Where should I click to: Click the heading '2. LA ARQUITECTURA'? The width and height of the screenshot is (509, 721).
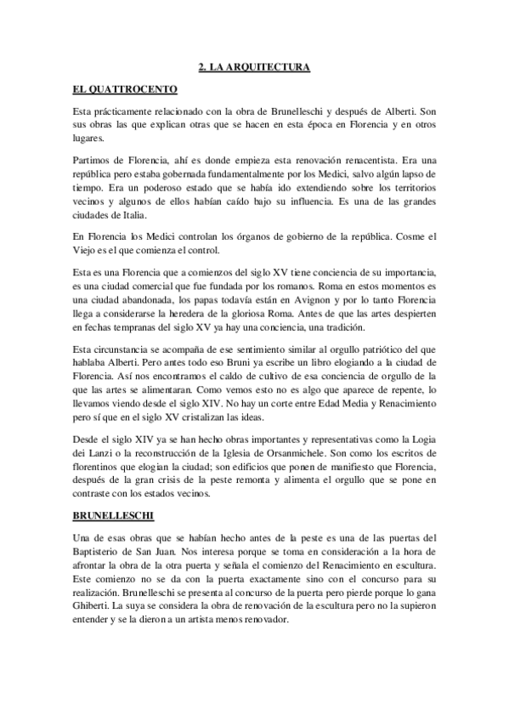tap(253, 65)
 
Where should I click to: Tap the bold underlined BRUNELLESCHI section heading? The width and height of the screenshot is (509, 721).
tap(113, 515)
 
